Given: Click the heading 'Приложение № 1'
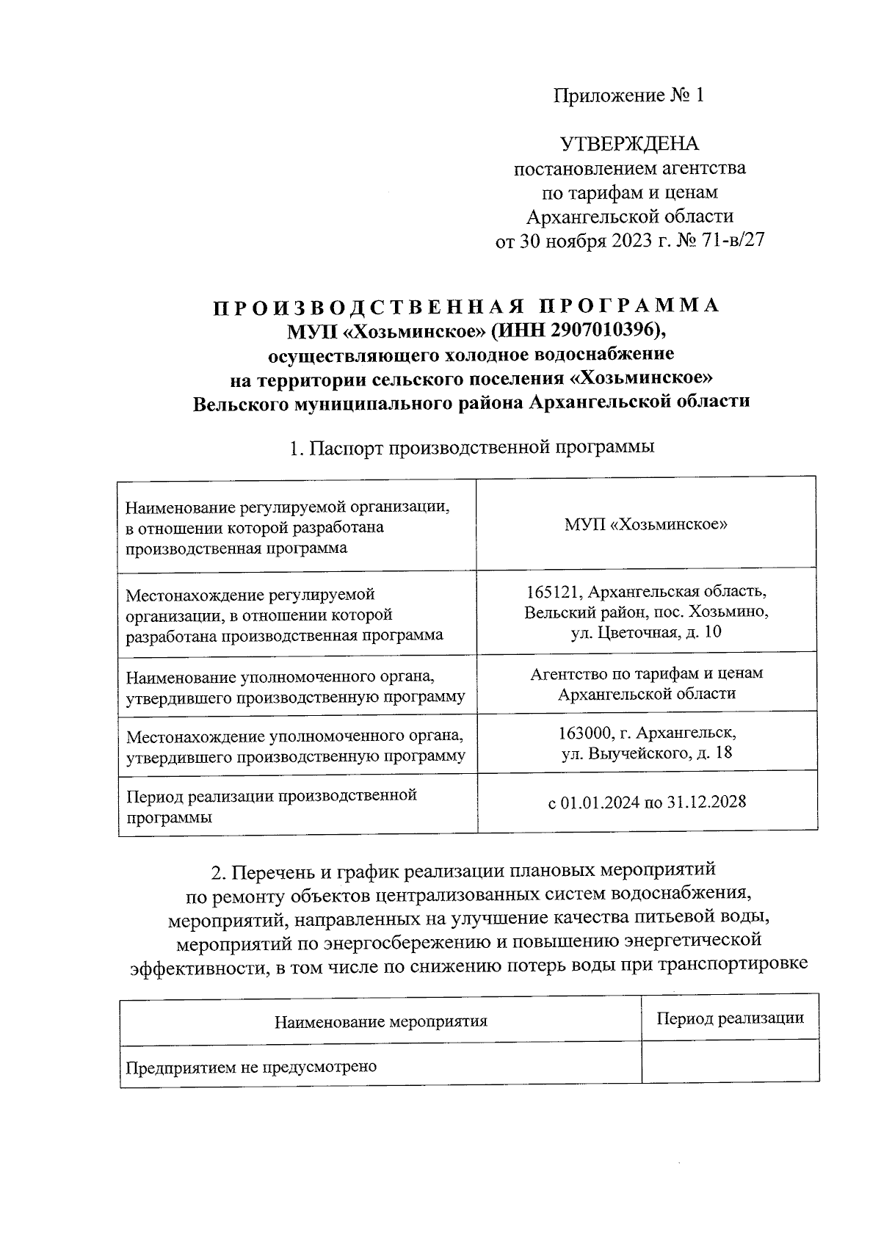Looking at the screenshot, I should (x=628, y=95).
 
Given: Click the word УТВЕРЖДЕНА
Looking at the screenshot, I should (x=629, y=144).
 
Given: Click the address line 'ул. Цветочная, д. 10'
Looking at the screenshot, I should (x=646, y=631).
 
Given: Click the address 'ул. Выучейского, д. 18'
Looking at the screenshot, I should (x=646, y=753).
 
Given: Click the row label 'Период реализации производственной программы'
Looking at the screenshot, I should (x=272, y=806).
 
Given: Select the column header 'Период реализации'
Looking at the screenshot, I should (x=730, y=1018).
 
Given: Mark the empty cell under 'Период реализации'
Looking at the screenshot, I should (x=730, y=1062).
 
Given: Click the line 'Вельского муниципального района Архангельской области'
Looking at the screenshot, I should (x=471, y=402).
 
